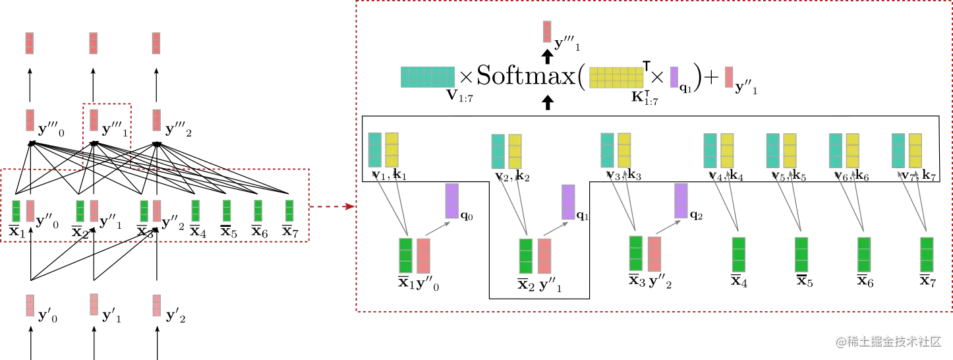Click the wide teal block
pos(429,76)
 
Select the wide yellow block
pos(616,76)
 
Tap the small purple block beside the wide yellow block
pos(674,76)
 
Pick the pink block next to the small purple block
pos(728,76)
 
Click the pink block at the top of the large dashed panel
pos(546,31)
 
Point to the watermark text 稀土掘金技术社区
pos(887,340)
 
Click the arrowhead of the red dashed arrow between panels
pos(349,206)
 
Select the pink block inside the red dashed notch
pos(94,119)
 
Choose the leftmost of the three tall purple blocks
pos(451,201)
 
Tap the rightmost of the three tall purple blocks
pos(681,201)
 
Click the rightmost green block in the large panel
pos(927,254)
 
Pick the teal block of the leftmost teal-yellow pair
pos(374,150)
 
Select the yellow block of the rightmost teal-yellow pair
pos(915,150)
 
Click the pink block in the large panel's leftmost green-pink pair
pos(424,256)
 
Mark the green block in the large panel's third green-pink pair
pos(636,254)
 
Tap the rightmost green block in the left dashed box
pos(289,210)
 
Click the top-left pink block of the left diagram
pos(29,44)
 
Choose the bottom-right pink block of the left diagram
pos(156,303)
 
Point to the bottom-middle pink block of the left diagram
pos(94,303)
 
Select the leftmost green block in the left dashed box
pos(16,211)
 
